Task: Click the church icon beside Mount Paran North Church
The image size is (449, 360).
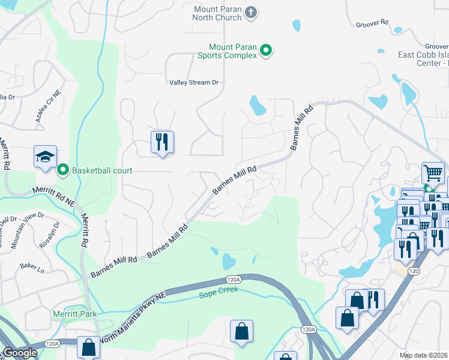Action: coord(251,12)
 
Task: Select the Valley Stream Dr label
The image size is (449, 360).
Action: coord(194,82)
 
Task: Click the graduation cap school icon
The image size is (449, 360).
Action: coord(45,157)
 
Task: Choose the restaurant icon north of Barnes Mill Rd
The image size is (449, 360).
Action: coord(162,142)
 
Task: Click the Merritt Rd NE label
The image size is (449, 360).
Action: coord(52,199)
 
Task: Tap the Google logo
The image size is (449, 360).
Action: coord(19,353)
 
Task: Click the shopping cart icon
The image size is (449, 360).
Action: coord(432,173)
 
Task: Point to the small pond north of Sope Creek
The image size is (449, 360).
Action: coord(228,262)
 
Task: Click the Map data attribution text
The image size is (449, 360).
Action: coord(424,355)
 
